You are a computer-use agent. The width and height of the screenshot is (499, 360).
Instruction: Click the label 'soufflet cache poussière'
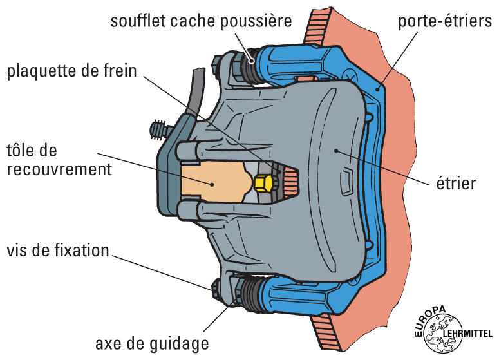click(x=201, y=20)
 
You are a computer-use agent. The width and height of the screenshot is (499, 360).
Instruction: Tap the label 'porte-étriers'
click(x=445, y=21)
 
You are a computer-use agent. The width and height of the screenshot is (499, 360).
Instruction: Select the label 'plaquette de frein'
click(x=72, y=70)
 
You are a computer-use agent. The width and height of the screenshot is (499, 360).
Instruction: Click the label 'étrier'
click(x=455, y=184)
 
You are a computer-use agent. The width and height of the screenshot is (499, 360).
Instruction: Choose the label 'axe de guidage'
click(x=152, y=341)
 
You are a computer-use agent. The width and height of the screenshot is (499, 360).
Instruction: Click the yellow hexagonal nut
click(x=262, y=184)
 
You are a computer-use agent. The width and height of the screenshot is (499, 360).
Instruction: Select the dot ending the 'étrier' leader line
click(x=336, y=149)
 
